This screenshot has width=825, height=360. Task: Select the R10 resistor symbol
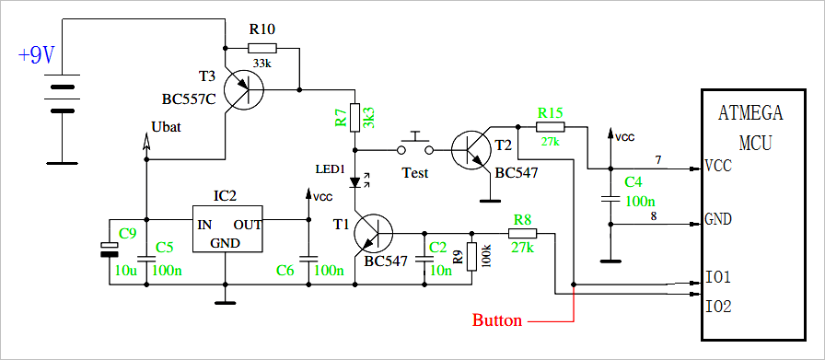(x=261, y=48)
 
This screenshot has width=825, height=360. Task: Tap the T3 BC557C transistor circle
(x=243, y=90)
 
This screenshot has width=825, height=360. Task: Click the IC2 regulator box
(x=227, y=228)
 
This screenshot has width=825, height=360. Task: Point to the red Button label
(x=497, y=321)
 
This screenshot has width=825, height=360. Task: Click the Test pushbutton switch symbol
(x=414, y=146)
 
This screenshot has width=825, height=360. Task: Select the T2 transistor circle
(x=472, y=146)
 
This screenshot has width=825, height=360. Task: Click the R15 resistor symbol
(x=550, y=126)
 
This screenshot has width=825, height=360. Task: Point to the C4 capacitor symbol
(x=609, y=198)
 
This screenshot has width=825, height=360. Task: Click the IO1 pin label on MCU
(x=718, y=276)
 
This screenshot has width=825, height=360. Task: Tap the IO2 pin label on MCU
(x=718, y=306)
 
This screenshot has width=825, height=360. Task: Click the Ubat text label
(x=165, y=127)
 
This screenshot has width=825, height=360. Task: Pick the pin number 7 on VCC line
(x=657, y=161)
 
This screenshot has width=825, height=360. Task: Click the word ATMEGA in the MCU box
(x=749, y=114)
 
